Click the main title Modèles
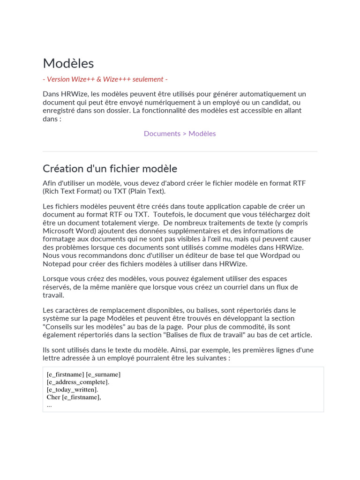(x=68, y=63)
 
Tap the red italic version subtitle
(x=105, y=79)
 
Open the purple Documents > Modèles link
(x=180, y=134)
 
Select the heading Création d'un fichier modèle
(x=110, y=169)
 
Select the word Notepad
(x=57, y=264)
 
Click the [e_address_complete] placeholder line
(x=78, y=382)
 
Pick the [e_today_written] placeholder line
(x=72, y=390)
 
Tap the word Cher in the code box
(x=53, y=397)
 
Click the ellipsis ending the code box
(x=49, y=405)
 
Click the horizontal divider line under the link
(x=180, y=151)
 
